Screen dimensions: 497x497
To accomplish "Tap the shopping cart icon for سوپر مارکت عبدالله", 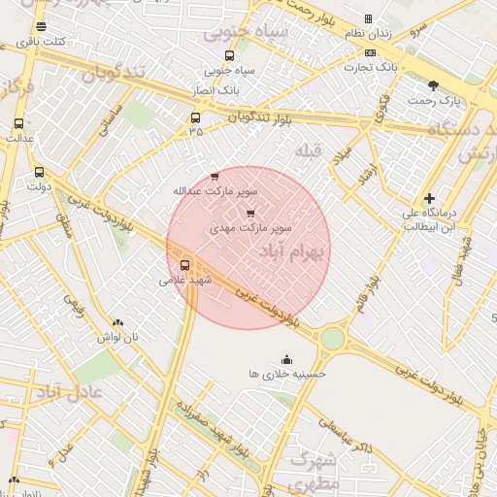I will (215, 176).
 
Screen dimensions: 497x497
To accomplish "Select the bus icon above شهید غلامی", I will (184, 264).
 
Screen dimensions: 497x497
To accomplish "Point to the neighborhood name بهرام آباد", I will (293, 250).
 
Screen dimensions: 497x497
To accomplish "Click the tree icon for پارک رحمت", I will (447, 85).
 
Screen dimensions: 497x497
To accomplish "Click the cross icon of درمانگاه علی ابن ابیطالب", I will (429, 198).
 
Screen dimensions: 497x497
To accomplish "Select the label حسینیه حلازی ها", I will (287, 373).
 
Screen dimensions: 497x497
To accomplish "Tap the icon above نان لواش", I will (117, 322).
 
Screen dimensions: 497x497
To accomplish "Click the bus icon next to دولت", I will (39, 172).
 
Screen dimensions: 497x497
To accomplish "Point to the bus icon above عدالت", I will (18, 123).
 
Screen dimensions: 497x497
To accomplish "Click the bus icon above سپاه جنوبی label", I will (229, 55).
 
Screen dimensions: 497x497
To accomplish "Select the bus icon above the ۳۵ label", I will (196, 118).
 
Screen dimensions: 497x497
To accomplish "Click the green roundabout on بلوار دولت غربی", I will (333, 338).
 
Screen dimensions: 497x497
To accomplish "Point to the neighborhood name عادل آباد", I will (69, 392).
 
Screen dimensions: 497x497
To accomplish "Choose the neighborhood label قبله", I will (308, 149).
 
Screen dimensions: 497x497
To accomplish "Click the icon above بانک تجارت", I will (370, 52).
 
